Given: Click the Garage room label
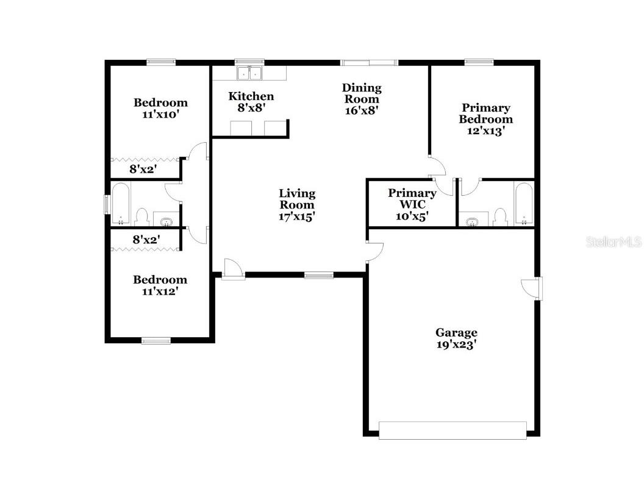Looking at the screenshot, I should coord(456,332).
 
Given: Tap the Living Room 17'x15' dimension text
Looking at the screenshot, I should coord(298,216).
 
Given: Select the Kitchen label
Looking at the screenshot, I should coord(251,96).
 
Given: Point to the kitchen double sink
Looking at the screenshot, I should coord(249,73).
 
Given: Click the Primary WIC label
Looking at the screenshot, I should coord(412,193).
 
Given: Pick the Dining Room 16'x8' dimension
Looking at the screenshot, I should coord(362,110).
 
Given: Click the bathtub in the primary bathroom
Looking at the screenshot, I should coord(523,203).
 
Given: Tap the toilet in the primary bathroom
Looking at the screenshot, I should coord(500,216).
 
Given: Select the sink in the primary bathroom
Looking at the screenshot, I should coord(473,221).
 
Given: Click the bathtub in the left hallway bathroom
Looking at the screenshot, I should coord(121,203).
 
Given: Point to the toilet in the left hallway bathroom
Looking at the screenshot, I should coord(142,216).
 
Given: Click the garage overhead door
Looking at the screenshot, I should coord(452,430).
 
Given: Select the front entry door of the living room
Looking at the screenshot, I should coord(232,269).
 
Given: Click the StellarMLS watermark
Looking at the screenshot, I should coord(614,242).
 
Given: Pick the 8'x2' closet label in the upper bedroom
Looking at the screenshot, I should coord(145,169).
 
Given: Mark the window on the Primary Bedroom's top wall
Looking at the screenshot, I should coord(479,62).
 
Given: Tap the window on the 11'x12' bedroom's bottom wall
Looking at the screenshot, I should coord(156,341).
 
